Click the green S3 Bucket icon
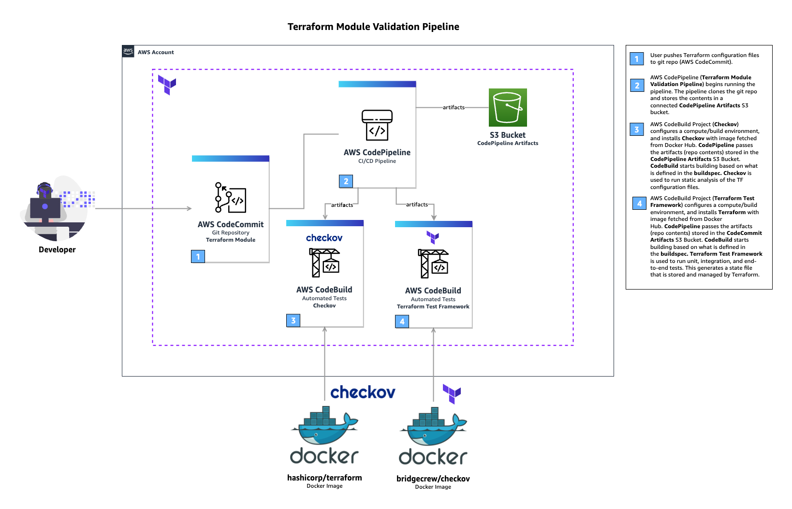coord(508,107)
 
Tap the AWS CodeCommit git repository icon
coord(231,198)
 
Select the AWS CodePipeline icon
coord(377,125)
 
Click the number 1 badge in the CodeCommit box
coord(198,256)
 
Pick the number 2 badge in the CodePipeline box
coord(346,181)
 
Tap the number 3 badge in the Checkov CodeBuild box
coord(293,320)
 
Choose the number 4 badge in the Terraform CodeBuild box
coord(402,321)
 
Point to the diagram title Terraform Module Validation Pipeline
coord(373,27)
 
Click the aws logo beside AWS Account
coord(128,51)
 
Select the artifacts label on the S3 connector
coord(454,107)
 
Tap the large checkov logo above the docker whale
coord(363,392)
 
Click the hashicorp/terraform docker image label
coord(324,478)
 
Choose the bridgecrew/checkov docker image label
coord(433,479)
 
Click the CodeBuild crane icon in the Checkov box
coord(325,262)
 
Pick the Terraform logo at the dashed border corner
coord(167,85)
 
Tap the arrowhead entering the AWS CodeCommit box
coord(189,208)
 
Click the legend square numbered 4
coord(639,204)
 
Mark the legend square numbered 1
coord(637,59)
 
